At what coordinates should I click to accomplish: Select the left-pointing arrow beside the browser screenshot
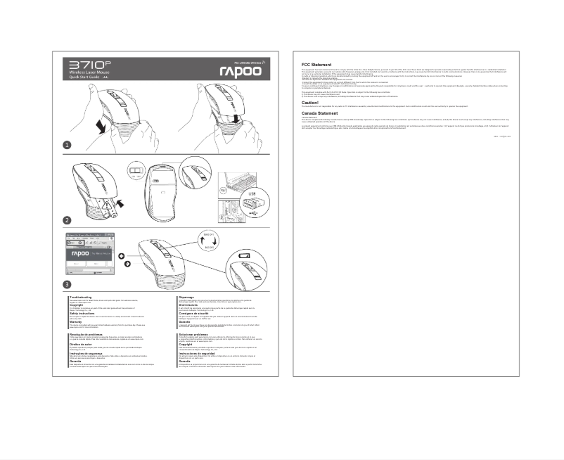pos(121,255)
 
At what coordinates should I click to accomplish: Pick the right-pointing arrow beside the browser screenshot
pos(128,264)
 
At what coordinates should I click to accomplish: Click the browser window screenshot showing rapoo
pos(89,256)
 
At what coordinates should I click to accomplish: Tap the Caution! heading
pos(310,102)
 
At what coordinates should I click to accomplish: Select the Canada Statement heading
pos(319,113)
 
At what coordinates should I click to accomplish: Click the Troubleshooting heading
pos(82,298)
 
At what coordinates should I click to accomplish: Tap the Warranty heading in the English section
pos(77,321)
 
